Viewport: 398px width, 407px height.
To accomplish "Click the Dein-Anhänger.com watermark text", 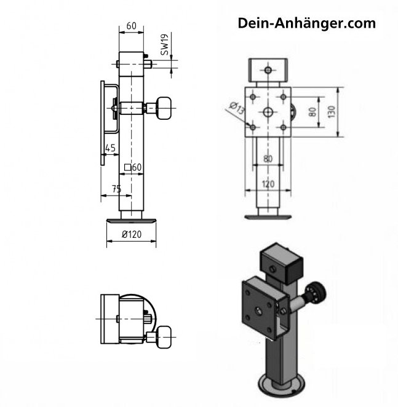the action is (306, 23).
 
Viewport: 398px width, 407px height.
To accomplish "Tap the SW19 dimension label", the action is (165, 44).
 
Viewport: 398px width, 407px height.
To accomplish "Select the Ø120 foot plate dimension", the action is (132, 234).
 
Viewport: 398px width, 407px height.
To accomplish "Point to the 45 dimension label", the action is (110, 148).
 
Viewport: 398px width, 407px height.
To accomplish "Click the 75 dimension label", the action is (117, 189).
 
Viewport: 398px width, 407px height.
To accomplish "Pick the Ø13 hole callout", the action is (237, 108).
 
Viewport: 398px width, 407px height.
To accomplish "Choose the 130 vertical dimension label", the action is (332, 112).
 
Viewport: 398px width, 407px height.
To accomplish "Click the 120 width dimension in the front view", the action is (268, 184).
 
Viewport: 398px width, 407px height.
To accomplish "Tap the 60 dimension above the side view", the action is (131, 26).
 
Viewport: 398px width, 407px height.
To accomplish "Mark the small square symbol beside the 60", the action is (127, 167).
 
